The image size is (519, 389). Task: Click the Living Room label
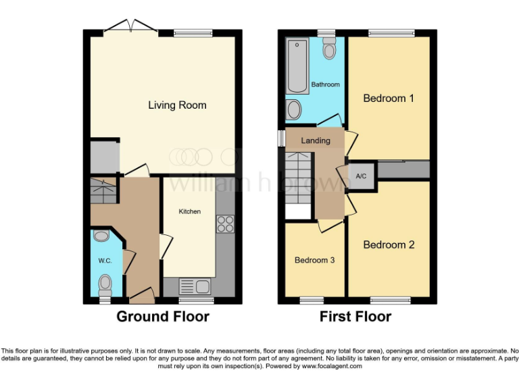[x=178, y=105]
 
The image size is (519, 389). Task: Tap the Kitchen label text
[x=189, y=211]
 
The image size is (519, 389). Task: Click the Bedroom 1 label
[x=389, y=99]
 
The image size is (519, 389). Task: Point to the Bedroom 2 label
[x=389, y=244]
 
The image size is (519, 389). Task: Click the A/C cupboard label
[x=361, y=176]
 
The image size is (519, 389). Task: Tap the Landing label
[x=316, y=140]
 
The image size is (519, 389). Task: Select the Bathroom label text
[x=325, y=84]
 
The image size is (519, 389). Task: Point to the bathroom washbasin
[x=295, y=109]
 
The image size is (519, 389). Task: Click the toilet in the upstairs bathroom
[x=329, y=49]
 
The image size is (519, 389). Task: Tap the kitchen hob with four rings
[x=224, y=224]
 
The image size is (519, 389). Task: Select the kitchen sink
[x=196, y=286]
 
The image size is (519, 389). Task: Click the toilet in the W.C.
[x=105, y=283]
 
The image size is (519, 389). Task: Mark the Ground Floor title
[x=163, y=317]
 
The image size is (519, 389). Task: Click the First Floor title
[x=355, y=317]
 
